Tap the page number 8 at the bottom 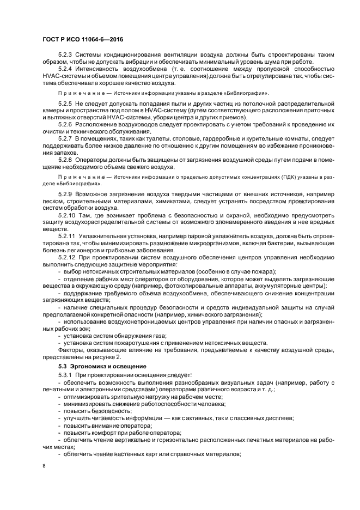[44, 466]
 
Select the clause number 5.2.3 [65, 55]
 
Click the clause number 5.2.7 [65, 139]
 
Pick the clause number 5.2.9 [65, 194]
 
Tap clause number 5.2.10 [66, 215]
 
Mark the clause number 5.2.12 [66, 258]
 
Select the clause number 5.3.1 [65, 375]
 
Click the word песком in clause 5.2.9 [54, 201]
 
